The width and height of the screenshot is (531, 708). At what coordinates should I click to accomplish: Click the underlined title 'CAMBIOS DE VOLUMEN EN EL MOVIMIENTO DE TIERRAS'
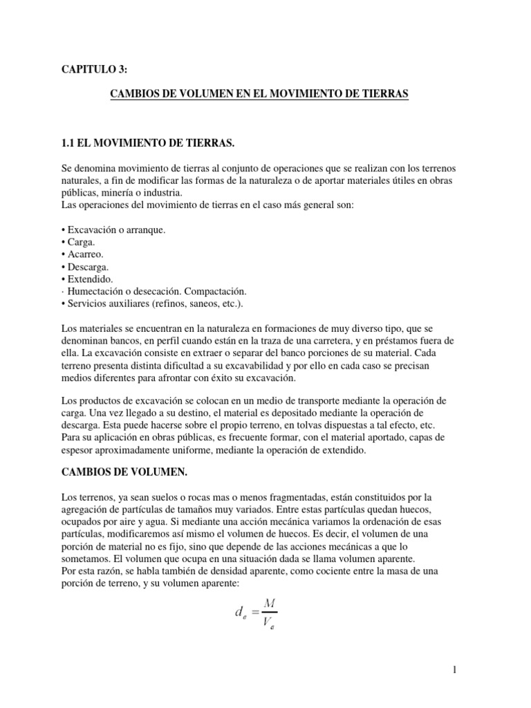click(x=260, y=93)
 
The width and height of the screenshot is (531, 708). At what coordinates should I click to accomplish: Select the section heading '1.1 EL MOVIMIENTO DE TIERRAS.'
click(x=149, y=143)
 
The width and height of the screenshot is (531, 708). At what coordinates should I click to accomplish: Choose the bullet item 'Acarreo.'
click(x=86, y=254)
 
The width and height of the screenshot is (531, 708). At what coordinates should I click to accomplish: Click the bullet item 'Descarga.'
click(x=89, y=267)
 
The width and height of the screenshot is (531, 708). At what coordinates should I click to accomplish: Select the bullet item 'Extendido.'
click(x=91, y=279)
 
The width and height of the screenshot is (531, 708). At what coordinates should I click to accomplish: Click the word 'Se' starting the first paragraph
click(x=68, y=169)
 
